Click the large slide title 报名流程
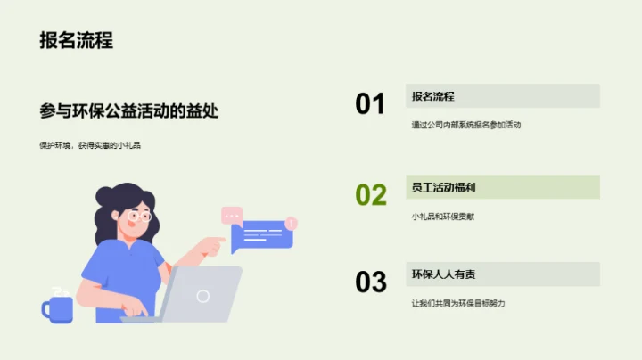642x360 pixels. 76,41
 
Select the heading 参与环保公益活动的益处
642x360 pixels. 129,111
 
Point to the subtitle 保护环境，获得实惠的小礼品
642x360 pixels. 90,145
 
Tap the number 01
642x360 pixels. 370,104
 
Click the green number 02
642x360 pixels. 370,194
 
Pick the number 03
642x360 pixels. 370,282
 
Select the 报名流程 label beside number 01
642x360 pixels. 433,96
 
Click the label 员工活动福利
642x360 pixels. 443,187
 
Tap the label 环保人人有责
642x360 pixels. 443,274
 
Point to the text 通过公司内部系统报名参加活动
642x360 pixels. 465,125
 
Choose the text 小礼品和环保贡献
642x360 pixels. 443,217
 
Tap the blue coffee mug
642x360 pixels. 58,308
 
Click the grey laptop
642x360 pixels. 201,294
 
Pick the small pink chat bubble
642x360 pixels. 232,215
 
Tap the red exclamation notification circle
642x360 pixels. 292,223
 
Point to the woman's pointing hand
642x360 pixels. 214,244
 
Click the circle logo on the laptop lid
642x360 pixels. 203,296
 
